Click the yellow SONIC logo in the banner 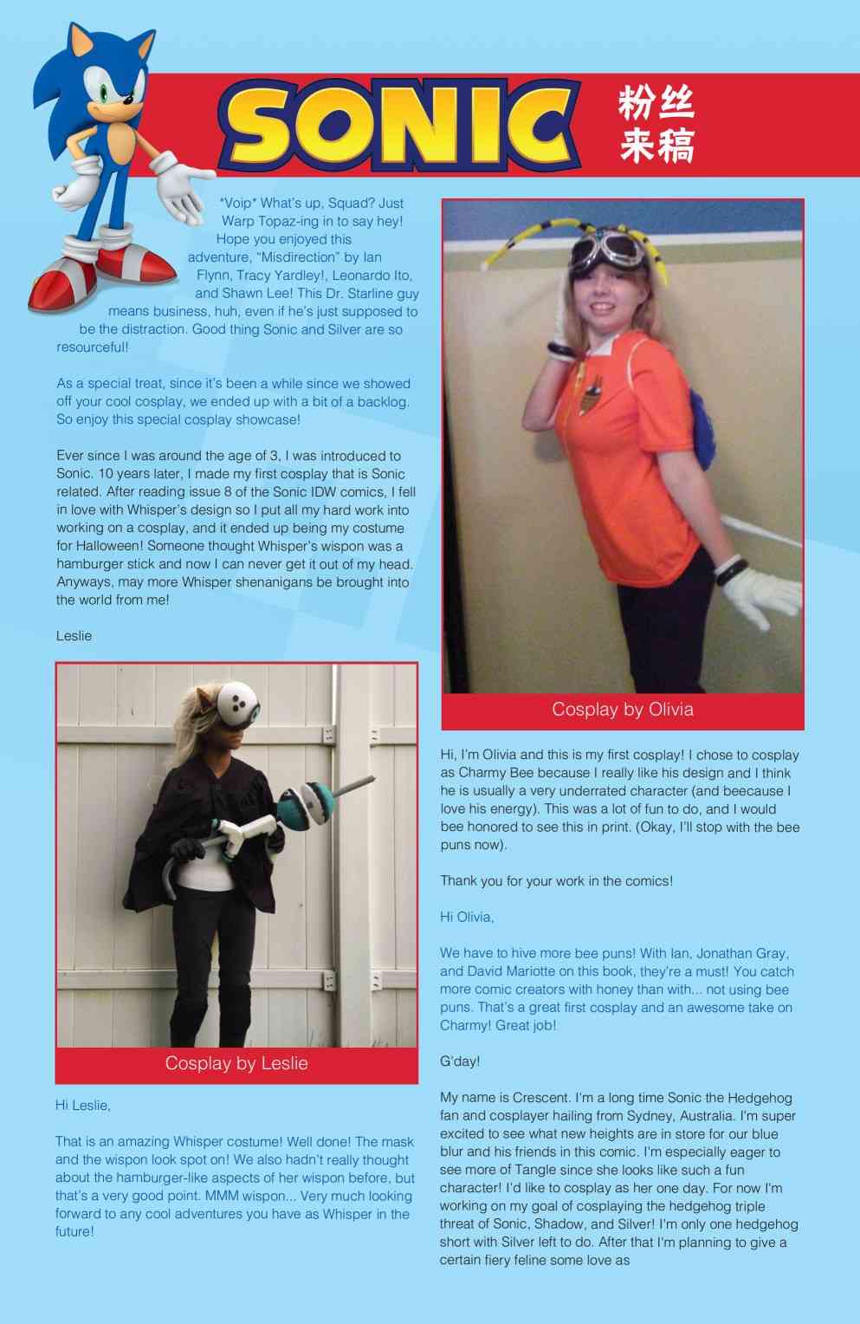[x=398, y=125]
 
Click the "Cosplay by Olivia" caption [x=623, y=710]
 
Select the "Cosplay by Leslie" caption [x=236, y=1063]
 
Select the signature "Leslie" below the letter [x=74, y=636]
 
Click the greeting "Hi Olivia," [x=467, y=917]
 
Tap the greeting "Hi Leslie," [x=82, y=1106]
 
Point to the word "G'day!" [x=460, y=1061]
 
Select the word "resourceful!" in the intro [x=93, y=347]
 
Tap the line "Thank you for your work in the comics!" [x=556, y=881]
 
